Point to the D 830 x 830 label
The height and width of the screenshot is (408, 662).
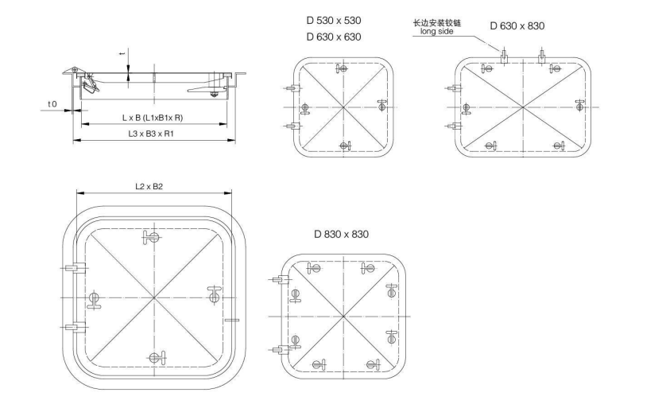pos(341,234)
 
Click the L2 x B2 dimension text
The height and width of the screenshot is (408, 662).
pos(148,186)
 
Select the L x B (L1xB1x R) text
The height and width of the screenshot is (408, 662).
pos(153,118)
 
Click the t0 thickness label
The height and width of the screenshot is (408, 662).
pos(52,104)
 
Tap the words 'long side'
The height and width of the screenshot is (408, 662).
pos(437,34)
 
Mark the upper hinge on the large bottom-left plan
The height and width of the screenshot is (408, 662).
pos(73,268)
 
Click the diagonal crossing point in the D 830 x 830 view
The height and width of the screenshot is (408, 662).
pos(343,317)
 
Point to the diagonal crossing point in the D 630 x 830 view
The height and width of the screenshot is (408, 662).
pos(522,107)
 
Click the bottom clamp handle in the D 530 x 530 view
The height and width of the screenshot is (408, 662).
pos(344,145)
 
